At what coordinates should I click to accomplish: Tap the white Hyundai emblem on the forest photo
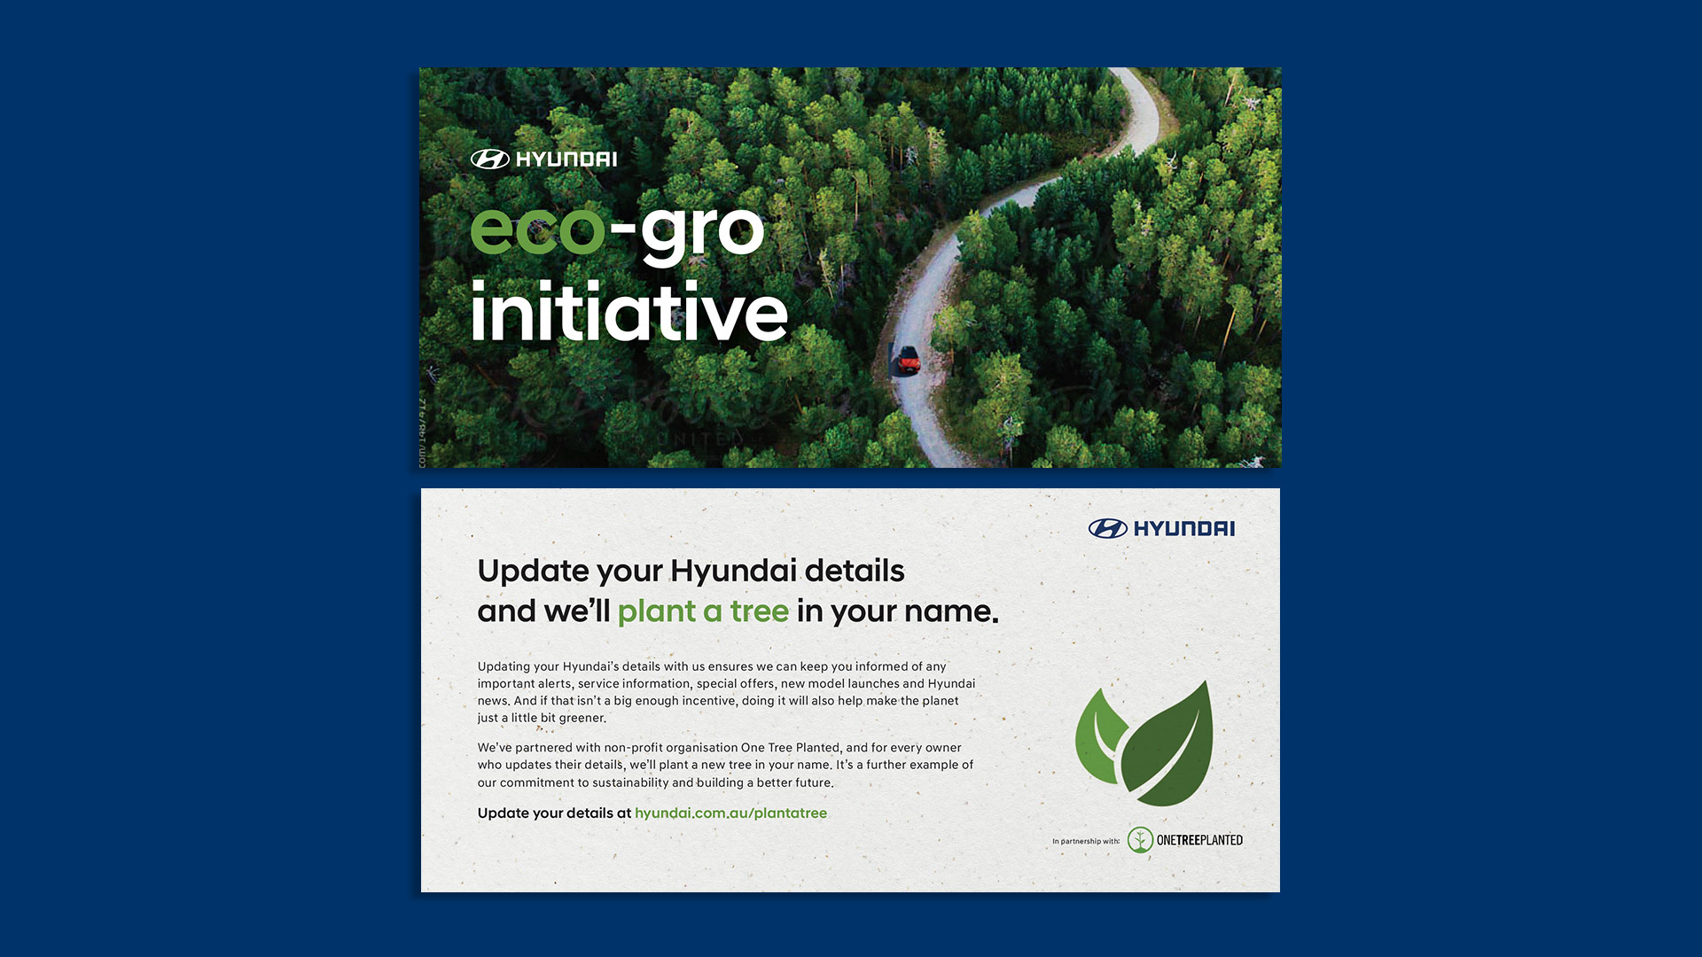coord(489,159)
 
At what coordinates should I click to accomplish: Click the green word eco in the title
coord(537,230)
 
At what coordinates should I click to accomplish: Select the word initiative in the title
coord(628,313)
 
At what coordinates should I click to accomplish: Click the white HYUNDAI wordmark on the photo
coord(566,159)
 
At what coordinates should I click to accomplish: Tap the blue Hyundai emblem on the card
coord(1107,529)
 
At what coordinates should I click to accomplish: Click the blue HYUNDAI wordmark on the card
coord(1184,529)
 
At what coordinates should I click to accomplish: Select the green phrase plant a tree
coord(703,611)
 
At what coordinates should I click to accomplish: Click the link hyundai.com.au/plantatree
coord(730,813)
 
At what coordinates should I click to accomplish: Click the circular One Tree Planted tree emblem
coord(1140,840)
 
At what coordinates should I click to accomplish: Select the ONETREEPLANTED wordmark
coord(1199,840)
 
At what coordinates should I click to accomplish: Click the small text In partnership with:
coord(1086,842)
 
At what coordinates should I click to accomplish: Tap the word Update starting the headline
coord(534,572)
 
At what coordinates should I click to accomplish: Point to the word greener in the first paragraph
coord(582,719)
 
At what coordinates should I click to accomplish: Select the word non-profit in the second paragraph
coord(633,748)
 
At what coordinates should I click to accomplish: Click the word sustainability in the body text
coord(630,783)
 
